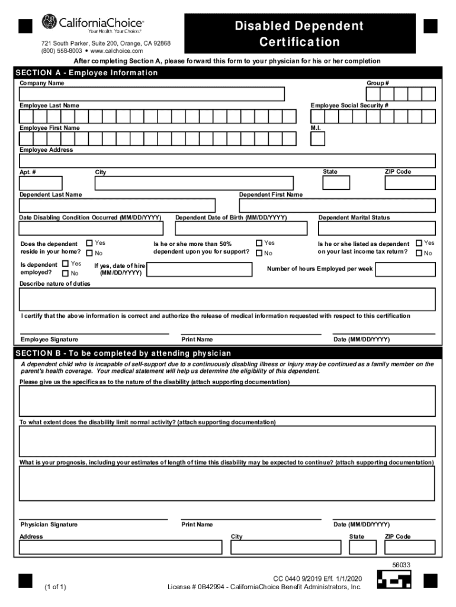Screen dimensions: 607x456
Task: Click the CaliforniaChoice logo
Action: point(92,24)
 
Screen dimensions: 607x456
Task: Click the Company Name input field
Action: point(152,94)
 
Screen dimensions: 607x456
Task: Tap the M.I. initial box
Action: point(317,139)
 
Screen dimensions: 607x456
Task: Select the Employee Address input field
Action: point(227,161)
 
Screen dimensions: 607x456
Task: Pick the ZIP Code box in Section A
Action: point(410,183)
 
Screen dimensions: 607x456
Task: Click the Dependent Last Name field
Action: point(117,206)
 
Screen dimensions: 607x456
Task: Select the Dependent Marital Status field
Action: point(377,228)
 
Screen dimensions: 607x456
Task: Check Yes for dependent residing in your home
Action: point(89,243)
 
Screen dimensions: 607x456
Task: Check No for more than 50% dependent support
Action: point(259,254)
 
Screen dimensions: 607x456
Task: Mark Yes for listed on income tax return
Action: point(419,243)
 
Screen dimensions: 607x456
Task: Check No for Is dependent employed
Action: point(65,274)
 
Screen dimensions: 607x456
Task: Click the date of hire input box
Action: point(198,270)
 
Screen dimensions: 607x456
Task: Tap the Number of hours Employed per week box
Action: point(405,270)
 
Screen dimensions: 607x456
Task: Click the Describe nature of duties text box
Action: point(227,299)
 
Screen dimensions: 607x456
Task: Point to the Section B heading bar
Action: point(227,353)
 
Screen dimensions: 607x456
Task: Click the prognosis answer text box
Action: point(227,484)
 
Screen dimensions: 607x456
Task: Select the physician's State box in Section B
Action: point(362,547)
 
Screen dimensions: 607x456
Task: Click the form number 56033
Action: point(401,565)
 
